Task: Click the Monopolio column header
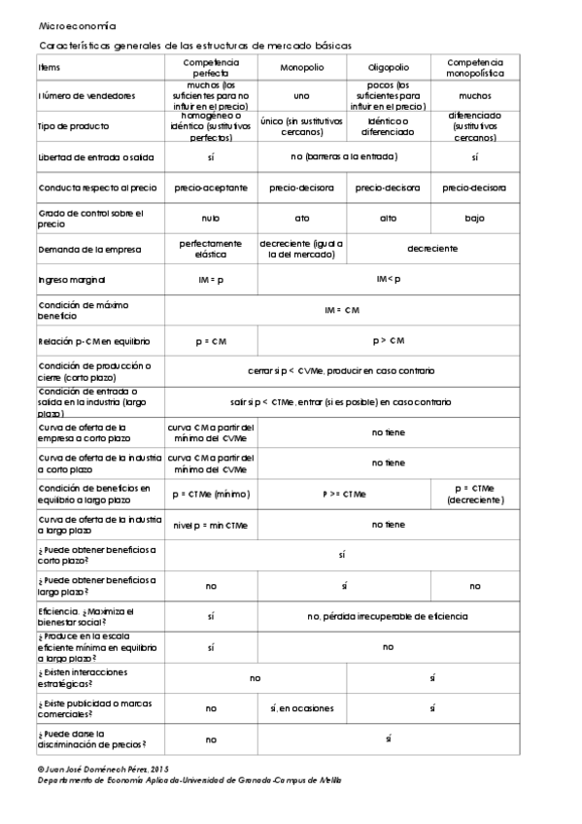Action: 302,67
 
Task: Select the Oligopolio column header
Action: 388,67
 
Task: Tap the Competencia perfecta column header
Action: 211,67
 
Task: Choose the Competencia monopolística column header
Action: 474,67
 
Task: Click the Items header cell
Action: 49,67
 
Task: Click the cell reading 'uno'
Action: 301,96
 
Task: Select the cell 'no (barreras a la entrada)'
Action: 344,155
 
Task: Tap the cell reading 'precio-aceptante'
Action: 211,187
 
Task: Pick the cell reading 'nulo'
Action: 211,218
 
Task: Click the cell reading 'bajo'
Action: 474,218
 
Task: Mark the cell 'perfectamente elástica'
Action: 211,249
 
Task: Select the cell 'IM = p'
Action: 211,279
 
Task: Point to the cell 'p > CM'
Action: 388,340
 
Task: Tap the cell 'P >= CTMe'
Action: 344,494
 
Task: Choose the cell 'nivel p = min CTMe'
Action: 211,525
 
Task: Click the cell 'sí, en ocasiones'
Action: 301,708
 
